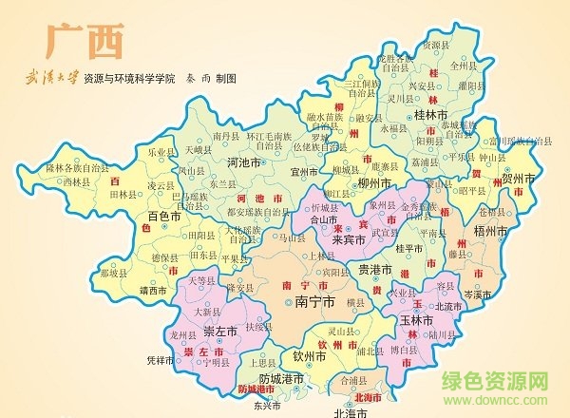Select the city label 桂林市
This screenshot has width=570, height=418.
[x=436, y=116]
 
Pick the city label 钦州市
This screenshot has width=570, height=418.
[x=310, y=357]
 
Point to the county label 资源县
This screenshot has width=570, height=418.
[x=436, y=44]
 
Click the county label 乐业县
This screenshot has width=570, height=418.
[x=162, y=151]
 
